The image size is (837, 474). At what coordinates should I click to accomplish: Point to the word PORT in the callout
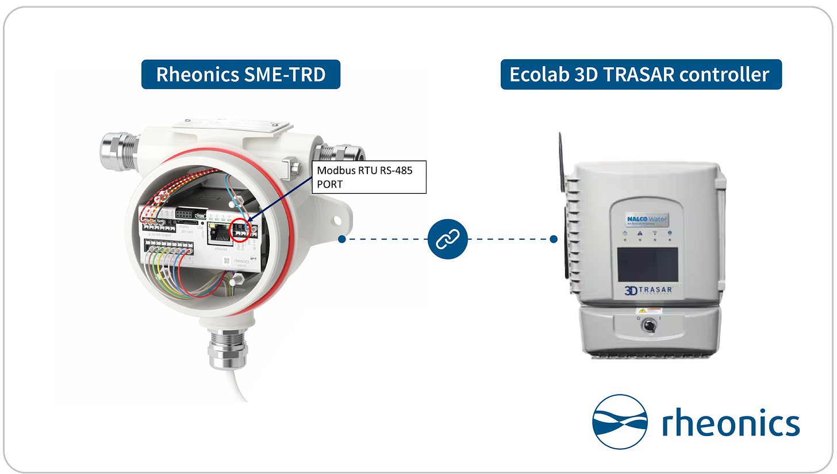pyautogui.click(x=328, y=185)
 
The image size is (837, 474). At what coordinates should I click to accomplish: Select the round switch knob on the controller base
pyautogui.click(x=648, y=326)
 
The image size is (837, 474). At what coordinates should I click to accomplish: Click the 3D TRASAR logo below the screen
pyautogui.click(x=648, y=290)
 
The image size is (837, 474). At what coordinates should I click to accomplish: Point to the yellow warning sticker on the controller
pyautogui.click(x=638, y=311)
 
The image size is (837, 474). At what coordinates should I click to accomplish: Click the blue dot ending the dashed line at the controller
pyautogui.click(x=554, y=239)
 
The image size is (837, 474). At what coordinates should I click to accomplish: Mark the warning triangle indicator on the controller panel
pyautogui.click(x=639, y=234)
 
